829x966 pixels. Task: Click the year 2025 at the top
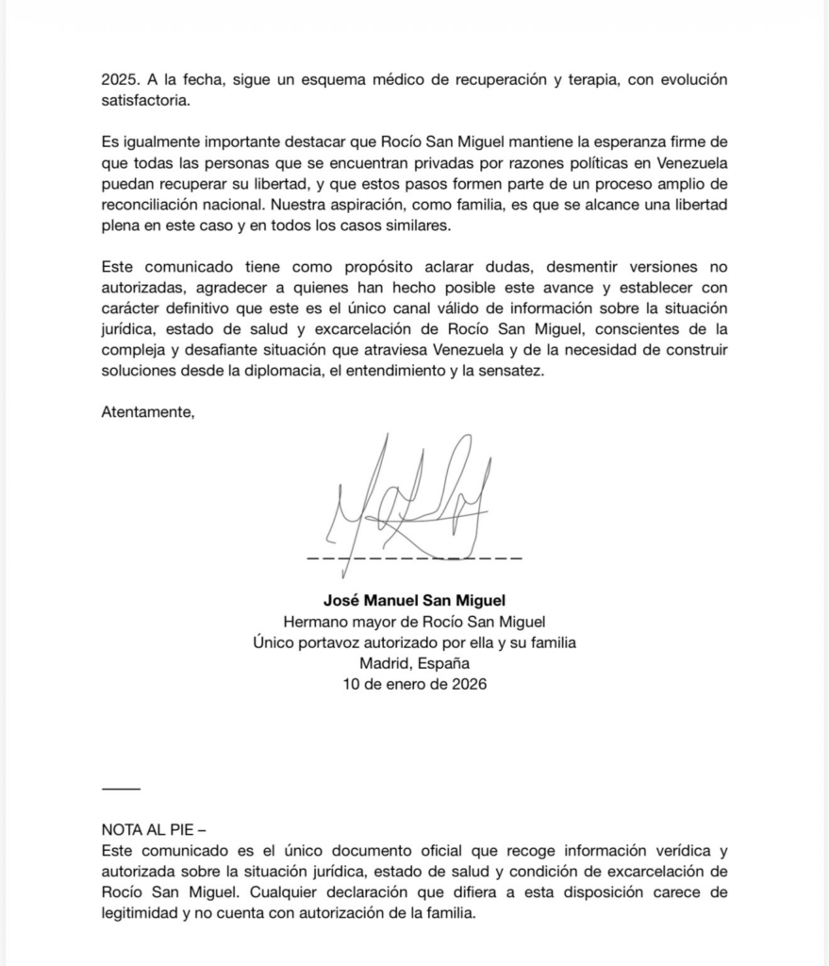pos(119,79)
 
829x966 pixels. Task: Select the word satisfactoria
pos(145,100)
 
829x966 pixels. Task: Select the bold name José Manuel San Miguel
pos(415,599)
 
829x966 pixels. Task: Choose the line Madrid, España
pos(415,663)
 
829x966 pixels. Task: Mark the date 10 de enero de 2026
pos(415,684)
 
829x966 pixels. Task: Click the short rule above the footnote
pos(120,789)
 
